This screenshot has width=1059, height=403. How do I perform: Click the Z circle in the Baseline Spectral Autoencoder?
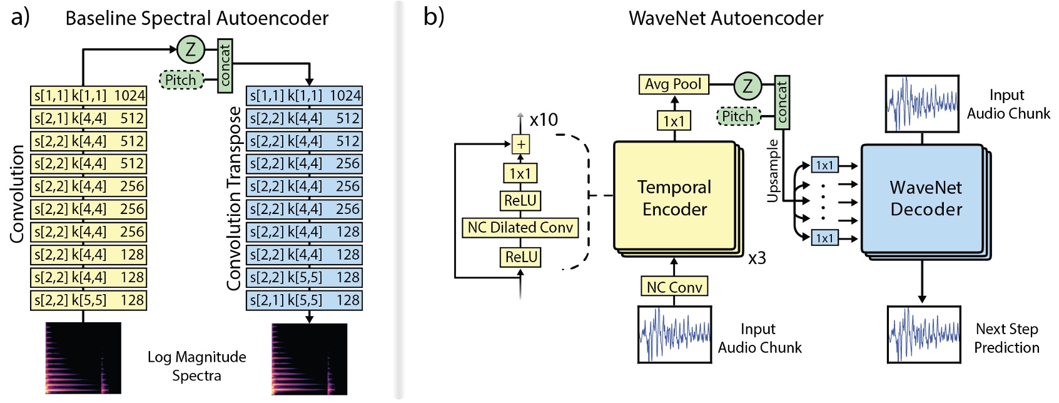[191, 49]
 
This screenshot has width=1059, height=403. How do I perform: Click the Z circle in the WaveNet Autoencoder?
[747, 86]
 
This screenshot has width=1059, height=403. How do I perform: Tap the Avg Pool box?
[673, 84]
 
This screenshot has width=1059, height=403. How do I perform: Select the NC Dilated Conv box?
[520, 228]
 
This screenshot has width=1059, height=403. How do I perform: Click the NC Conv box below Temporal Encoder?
[674, 287]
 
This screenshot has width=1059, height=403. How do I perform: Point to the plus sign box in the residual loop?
[520, 145]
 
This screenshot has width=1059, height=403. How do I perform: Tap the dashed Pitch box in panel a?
[181, 80]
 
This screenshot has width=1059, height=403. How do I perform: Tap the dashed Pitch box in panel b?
[738, 116]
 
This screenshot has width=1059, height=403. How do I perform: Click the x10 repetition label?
[544, 120]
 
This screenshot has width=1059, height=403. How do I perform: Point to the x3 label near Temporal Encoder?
[757, 258]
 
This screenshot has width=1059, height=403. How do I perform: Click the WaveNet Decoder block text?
[926, 198]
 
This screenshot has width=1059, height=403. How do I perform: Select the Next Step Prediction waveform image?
[924, 335]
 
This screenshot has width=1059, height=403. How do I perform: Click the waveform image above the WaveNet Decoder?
[922, 104]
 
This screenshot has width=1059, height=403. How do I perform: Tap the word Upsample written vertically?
[773, 171]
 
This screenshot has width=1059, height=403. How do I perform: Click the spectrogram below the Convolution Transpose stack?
[309, 359]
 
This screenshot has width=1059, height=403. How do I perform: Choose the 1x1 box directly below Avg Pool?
[674, 121]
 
